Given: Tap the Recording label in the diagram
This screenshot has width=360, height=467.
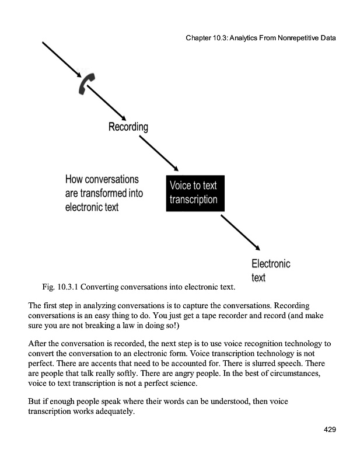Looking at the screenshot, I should point(128,127).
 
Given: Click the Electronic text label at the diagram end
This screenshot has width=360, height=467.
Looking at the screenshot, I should point(270,270).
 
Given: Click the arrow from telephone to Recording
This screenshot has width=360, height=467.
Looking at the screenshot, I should point(106,103).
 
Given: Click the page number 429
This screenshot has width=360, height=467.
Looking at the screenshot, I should point(330,430).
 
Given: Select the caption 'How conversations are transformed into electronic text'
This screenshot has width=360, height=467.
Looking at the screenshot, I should point(104,193).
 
